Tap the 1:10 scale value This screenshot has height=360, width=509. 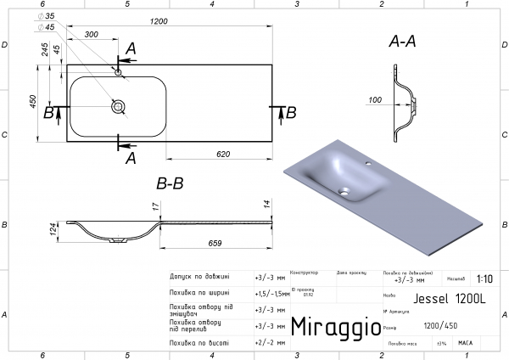tap(484, 278)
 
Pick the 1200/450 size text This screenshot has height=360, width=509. tap(439, 325)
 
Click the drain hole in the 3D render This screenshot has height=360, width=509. tap(344, 192)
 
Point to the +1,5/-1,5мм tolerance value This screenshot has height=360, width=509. tap(271, 293)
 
